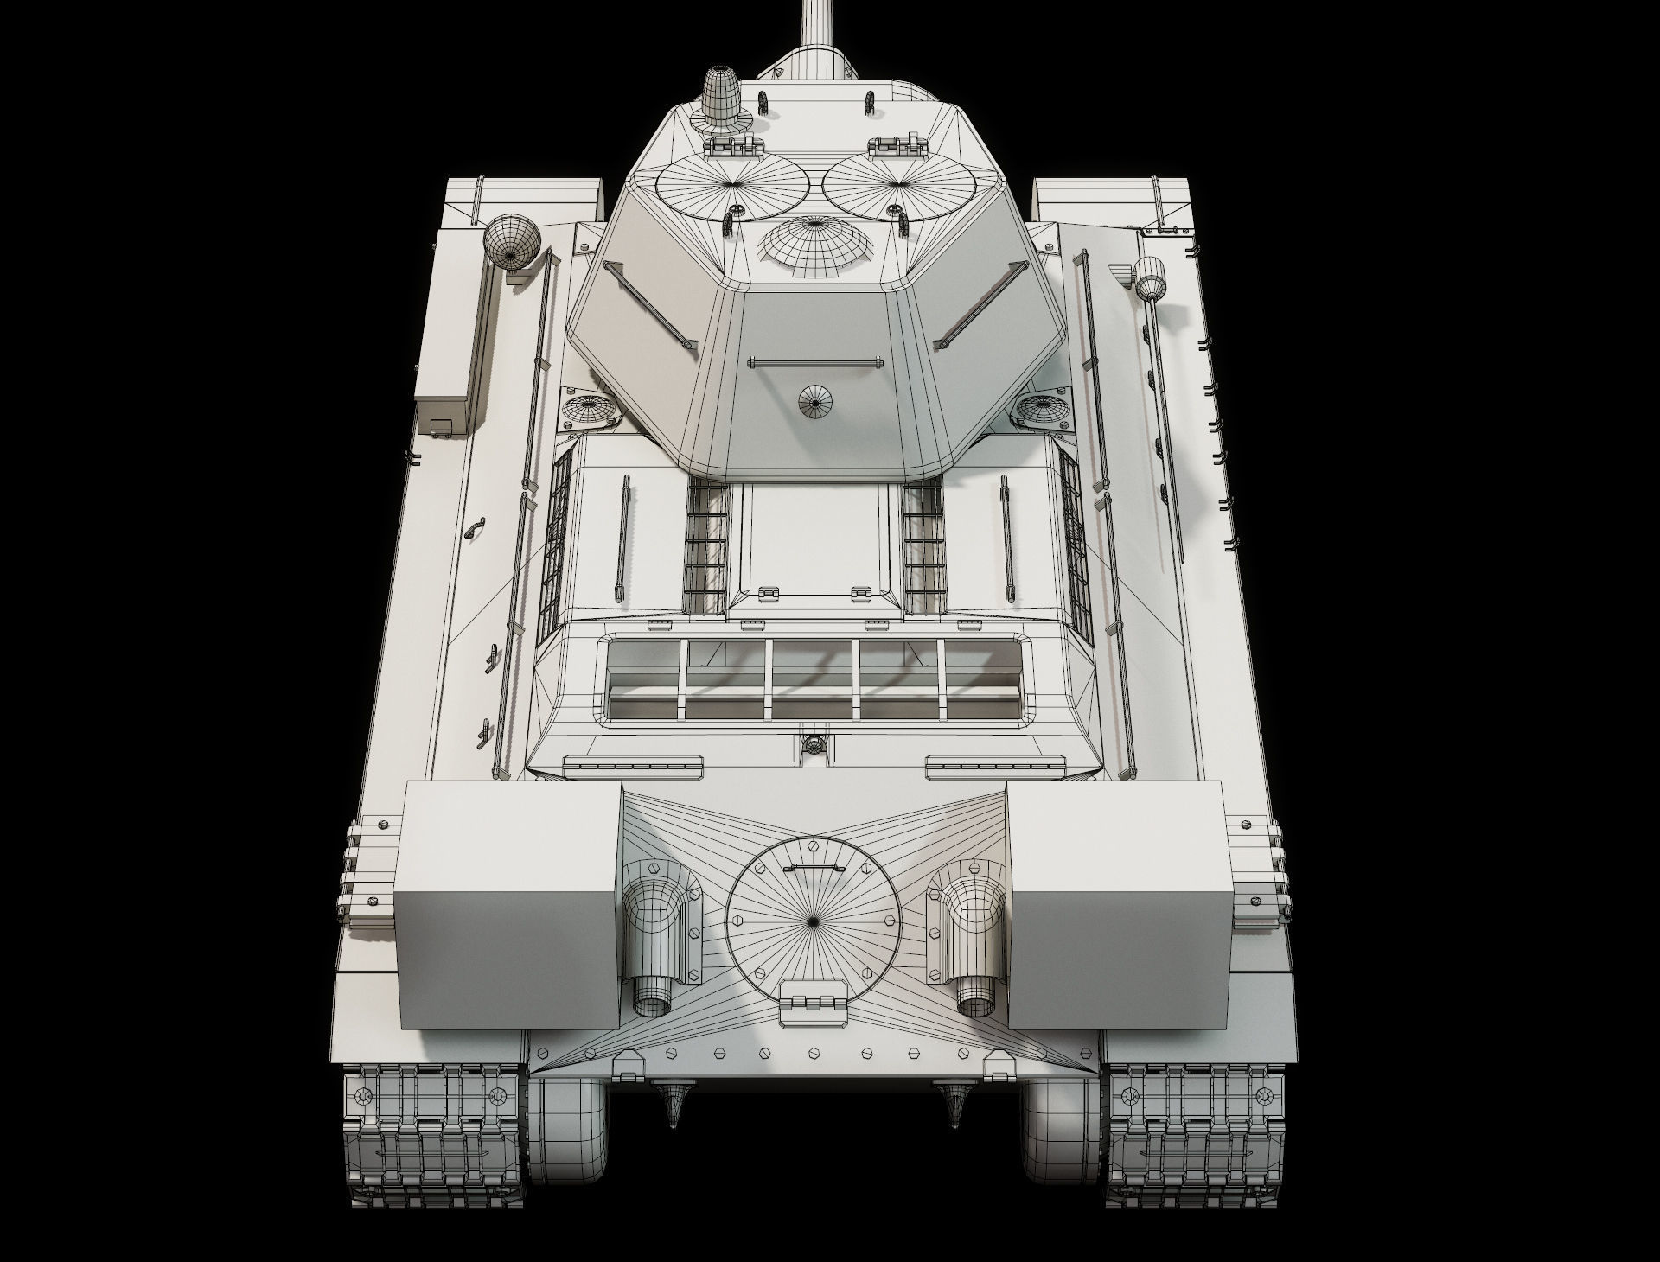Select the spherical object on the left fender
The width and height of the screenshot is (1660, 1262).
[x=510, y=242]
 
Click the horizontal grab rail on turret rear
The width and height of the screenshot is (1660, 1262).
[x=813, y=361]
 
